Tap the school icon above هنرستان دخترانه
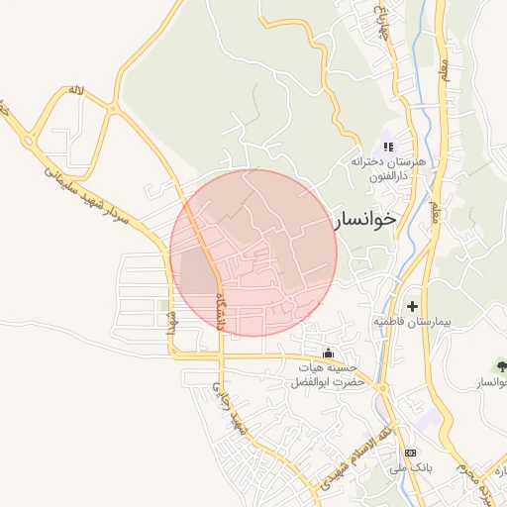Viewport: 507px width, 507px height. tap(387, 146)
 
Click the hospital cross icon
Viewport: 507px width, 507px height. tap(412, 307)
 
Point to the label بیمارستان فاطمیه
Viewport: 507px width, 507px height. tap(412, 323)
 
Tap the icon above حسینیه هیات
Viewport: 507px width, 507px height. tap(329, 355)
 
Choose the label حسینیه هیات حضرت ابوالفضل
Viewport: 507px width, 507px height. tap(328, 374)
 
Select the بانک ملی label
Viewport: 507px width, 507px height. tap(409, 468)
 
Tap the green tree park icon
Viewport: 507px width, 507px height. tap(501, 366)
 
